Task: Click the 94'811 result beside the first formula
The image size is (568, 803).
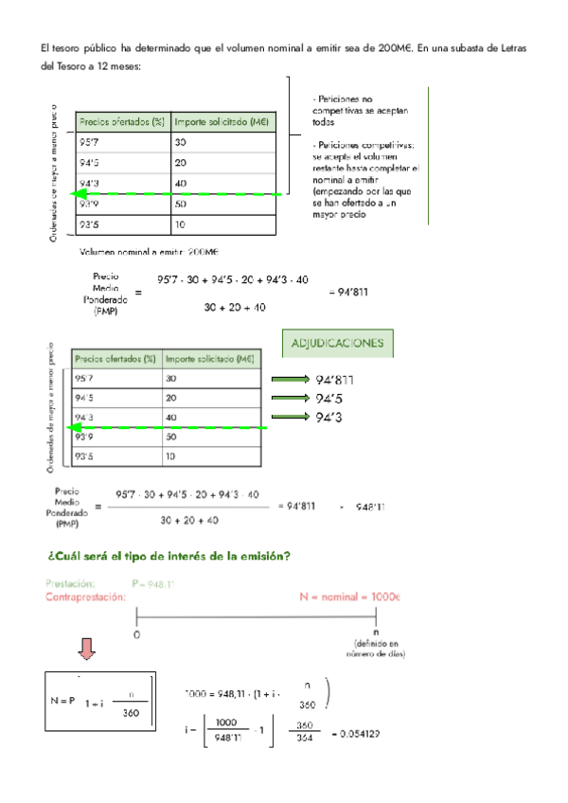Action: click(347, 292)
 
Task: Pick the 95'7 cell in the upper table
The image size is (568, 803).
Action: click(91, 142)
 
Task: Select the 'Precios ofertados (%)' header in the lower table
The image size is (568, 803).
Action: click(114, 359)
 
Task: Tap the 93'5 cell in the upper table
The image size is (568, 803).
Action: click(91, 224)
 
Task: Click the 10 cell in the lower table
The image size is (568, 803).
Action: click(170, 456)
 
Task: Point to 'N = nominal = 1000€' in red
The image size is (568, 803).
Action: click(350, 598)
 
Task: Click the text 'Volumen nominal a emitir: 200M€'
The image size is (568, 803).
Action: click(149, 252)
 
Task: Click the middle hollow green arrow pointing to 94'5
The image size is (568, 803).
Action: click(294, 399)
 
